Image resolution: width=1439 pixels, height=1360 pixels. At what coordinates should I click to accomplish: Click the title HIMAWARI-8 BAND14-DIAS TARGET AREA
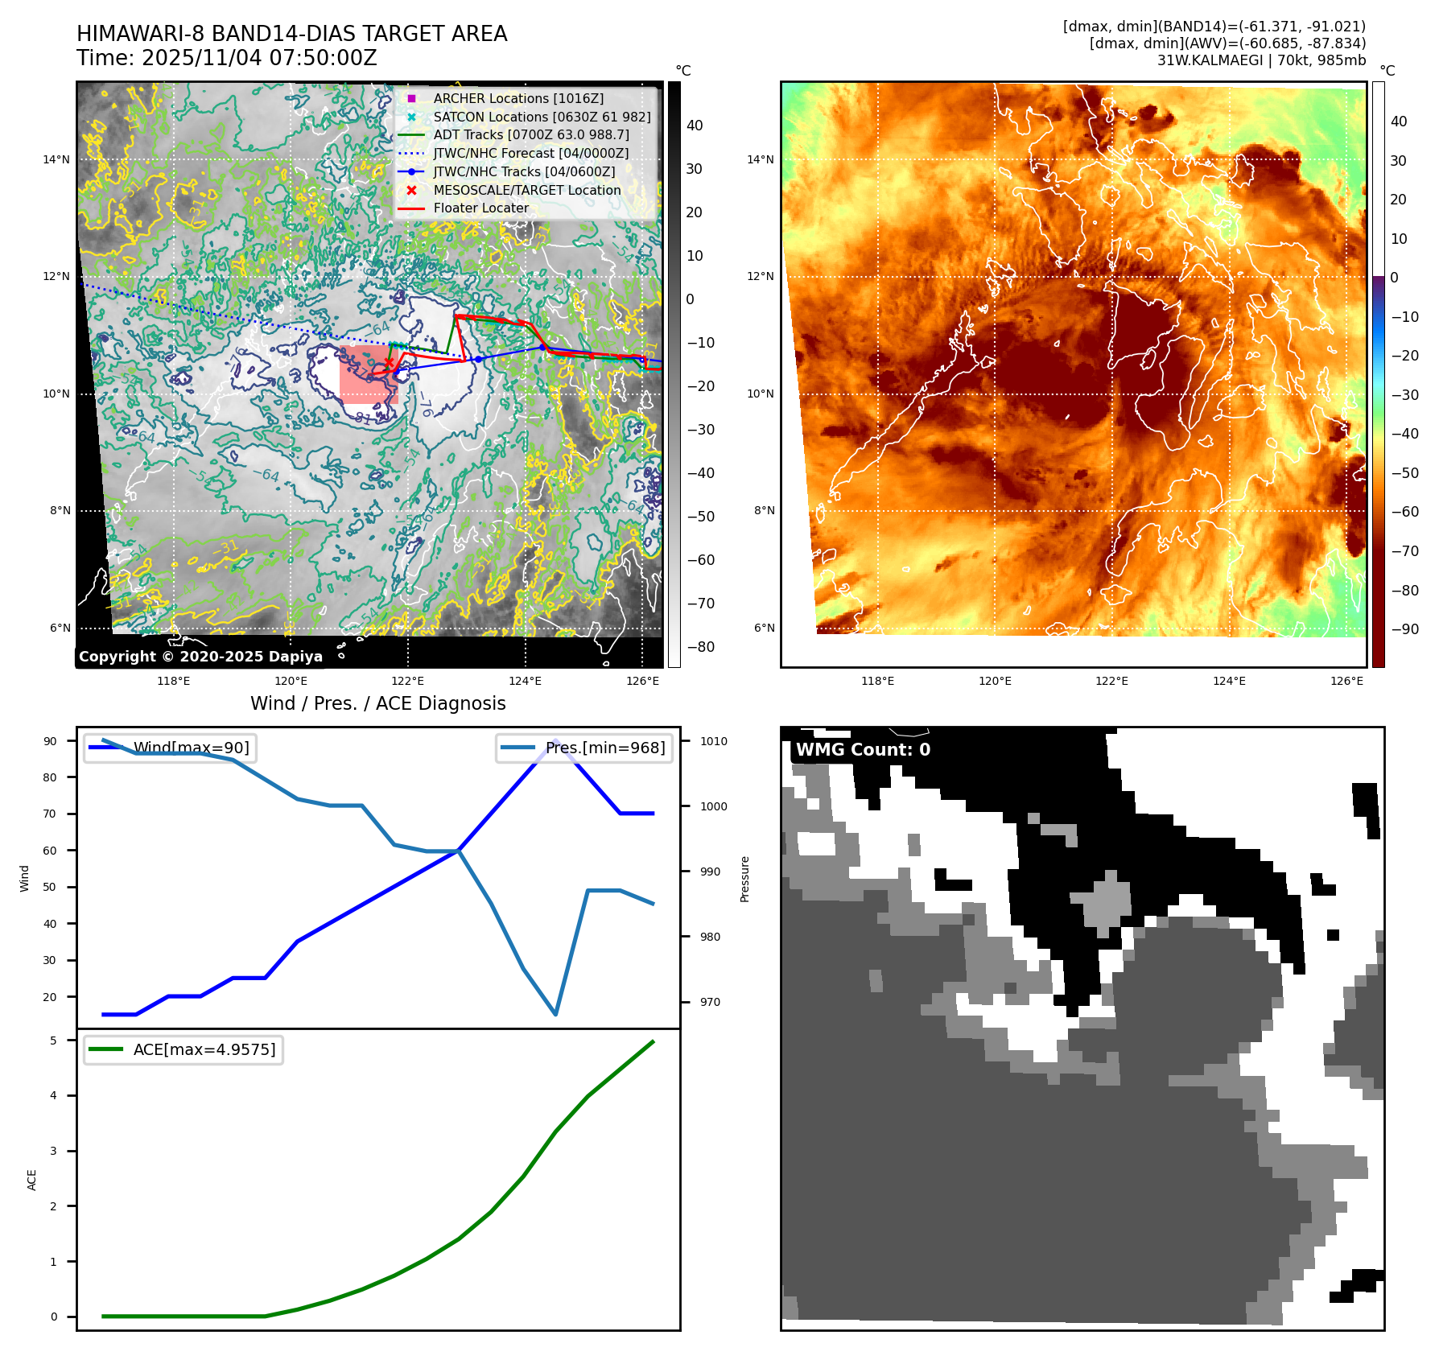(x=291, y=34)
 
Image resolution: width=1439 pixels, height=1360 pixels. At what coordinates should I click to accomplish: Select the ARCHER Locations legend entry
(x=517, y=98)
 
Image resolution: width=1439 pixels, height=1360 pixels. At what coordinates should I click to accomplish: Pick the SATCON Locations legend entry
(x=541, y=117)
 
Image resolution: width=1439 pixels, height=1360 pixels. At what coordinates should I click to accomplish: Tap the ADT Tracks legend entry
(x=530, y=134)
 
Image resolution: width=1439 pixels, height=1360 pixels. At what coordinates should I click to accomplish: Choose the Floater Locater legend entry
(x=480, y=208)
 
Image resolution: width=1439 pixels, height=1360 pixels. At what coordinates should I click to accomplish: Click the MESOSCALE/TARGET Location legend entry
(x=526, y=190)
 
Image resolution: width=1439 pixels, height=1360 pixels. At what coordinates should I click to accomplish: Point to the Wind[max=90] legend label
(x=191, y=748)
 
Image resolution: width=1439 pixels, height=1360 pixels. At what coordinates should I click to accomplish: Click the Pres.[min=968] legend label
(x=604, y=748)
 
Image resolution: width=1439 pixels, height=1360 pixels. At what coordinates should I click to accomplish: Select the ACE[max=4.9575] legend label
(x=204, y=1049)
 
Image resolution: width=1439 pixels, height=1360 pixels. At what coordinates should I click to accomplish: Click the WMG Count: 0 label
(x=863, y=750)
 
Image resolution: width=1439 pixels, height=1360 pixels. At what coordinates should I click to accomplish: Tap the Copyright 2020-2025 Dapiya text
(x=200, y=657)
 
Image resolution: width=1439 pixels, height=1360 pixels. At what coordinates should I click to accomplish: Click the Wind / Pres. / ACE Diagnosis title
(x=378, y=703)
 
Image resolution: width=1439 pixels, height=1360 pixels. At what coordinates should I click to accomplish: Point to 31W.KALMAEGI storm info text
(x=1261, y=60)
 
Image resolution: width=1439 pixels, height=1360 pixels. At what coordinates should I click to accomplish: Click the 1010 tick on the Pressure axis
(x=713, y=741)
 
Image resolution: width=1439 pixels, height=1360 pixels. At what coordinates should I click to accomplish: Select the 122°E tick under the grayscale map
(x=408, y=681)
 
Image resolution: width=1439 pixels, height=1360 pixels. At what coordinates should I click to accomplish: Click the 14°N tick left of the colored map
(x=761, y=159)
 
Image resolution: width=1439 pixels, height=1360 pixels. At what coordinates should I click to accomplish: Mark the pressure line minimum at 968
(x=555, y=1014)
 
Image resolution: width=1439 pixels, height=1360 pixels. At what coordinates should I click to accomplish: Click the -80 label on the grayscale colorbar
(x=700, y=647)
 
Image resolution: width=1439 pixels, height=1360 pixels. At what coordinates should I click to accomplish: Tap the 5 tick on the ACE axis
(x=54, y=1041)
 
